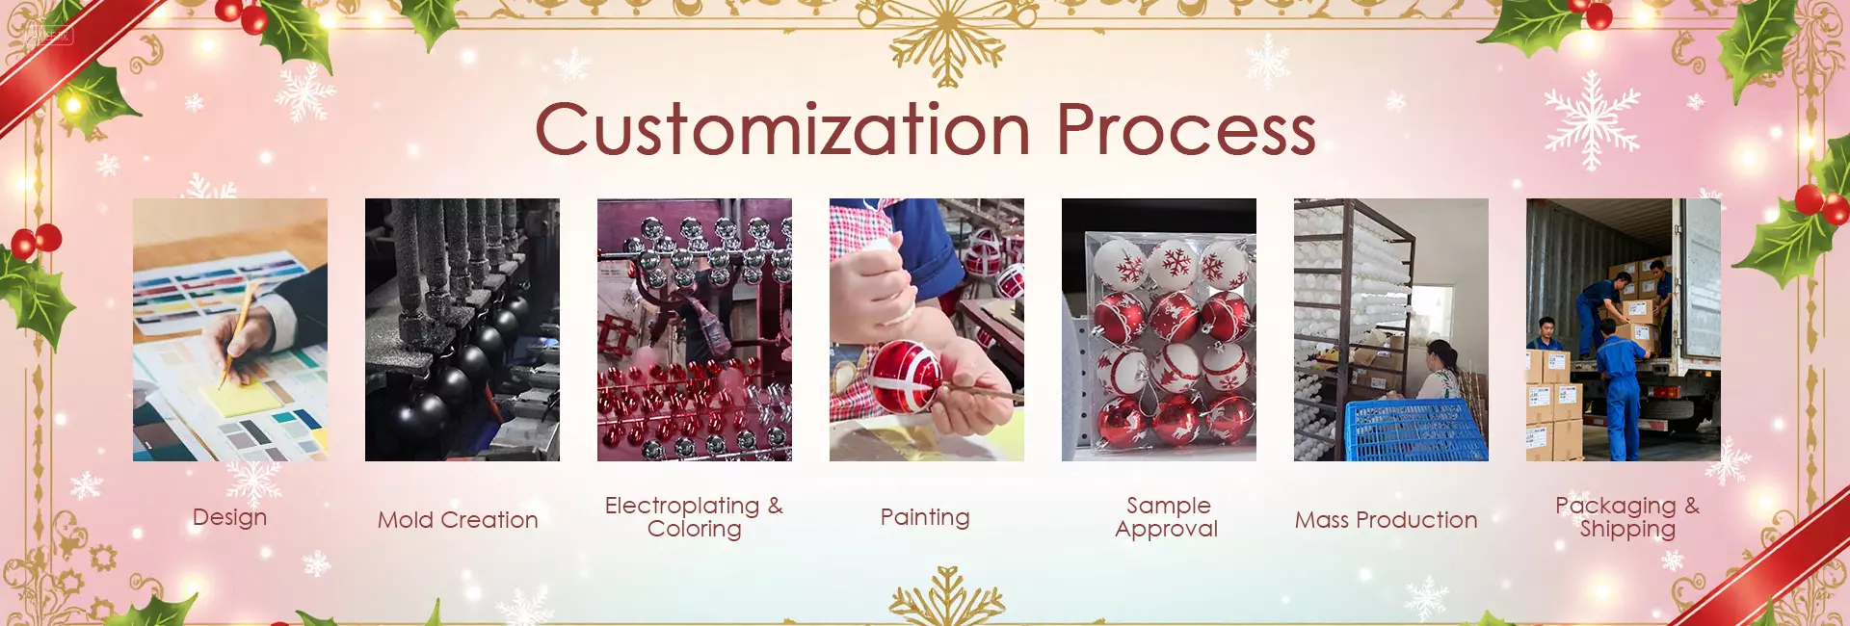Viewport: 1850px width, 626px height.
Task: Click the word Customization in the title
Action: (x=783, y=129)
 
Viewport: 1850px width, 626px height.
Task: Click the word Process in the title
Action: (x=1187, y=129)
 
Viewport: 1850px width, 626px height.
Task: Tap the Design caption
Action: (x=229, y=518)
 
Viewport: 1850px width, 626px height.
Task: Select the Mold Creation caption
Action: (x=458, y=520)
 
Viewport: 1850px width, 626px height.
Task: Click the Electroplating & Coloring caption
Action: (x=694, y=517)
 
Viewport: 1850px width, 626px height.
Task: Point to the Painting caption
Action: (x=925, y=518)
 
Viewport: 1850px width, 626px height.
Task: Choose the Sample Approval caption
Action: (x=1167, y=517)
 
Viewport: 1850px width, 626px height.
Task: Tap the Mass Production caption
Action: (x=1386, y=520)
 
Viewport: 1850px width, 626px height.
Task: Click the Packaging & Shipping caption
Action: (x=1627, y=517)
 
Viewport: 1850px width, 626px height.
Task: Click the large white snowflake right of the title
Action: (x=1592, y=120)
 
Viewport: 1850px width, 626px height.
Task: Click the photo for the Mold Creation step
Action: (x=462, y=329)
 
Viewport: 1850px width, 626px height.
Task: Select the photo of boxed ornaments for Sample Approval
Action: (x=1159, y=329)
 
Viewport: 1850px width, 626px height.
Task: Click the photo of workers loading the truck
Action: (x=1624, y=329)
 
